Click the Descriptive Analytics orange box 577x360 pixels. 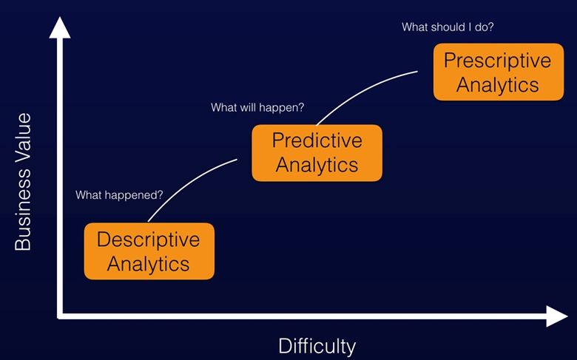point(149,251)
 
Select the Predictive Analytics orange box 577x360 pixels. point(317,153)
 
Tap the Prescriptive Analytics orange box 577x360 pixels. point(499,72)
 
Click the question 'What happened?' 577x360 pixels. point(119,195)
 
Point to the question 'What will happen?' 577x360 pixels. point(257,107)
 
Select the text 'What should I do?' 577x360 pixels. point(448,27)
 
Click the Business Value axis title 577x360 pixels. point(23,182)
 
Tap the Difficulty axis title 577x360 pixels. point(317,346)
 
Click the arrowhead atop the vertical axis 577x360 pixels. point(60,27)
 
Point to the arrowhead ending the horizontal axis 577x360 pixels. point(557,316)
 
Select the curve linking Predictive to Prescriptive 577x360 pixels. point(362,92)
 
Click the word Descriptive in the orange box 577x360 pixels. point(148,240)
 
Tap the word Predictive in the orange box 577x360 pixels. point(317,140)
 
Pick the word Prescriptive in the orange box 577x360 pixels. point(498,61)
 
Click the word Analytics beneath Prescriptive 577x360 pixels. point(498,85)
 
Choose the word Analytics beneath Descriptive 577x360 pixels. point(148,264)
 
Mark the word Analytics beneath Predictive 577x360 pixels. point(317,165)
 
